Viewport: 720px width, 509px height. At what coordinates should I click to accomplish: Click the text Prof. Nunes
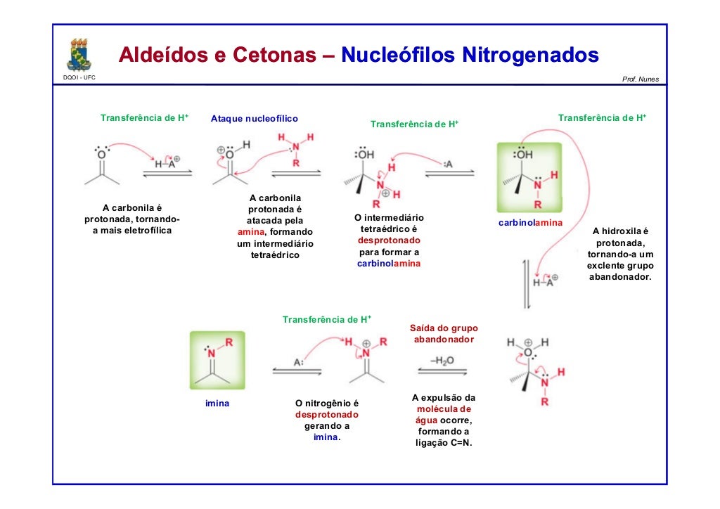click(x=641, y=79)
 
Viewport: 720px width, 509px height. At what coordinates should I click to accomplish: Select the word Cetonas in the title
click(x=270, y=55)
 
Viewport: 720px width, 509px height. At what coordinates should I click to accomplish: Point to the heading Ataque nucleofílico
click(x=254, y=119)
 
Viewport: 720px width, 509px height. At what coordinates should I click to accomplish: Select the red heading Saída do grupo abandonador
click(x=444, y=334)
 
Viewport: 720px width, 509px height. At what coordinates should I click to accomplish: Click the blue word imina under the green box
click(x=217, y=404)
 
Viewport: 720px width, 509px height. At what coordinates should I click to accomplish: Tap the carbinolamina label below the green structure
click(x=531, y=223)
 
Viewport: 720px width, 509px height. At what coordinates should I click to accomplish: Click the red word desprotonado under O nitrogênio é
click(x=327, y=415)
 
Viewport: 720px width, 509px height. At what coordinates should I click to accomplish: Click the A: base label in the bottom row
click(x=298, y=362)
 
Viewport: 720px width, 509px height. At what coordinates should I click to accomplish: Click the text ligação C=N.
click(x=444, y=443)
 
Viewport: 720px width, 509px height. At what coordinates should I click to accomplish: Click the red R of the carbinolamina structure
click(x=538, y=205)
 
